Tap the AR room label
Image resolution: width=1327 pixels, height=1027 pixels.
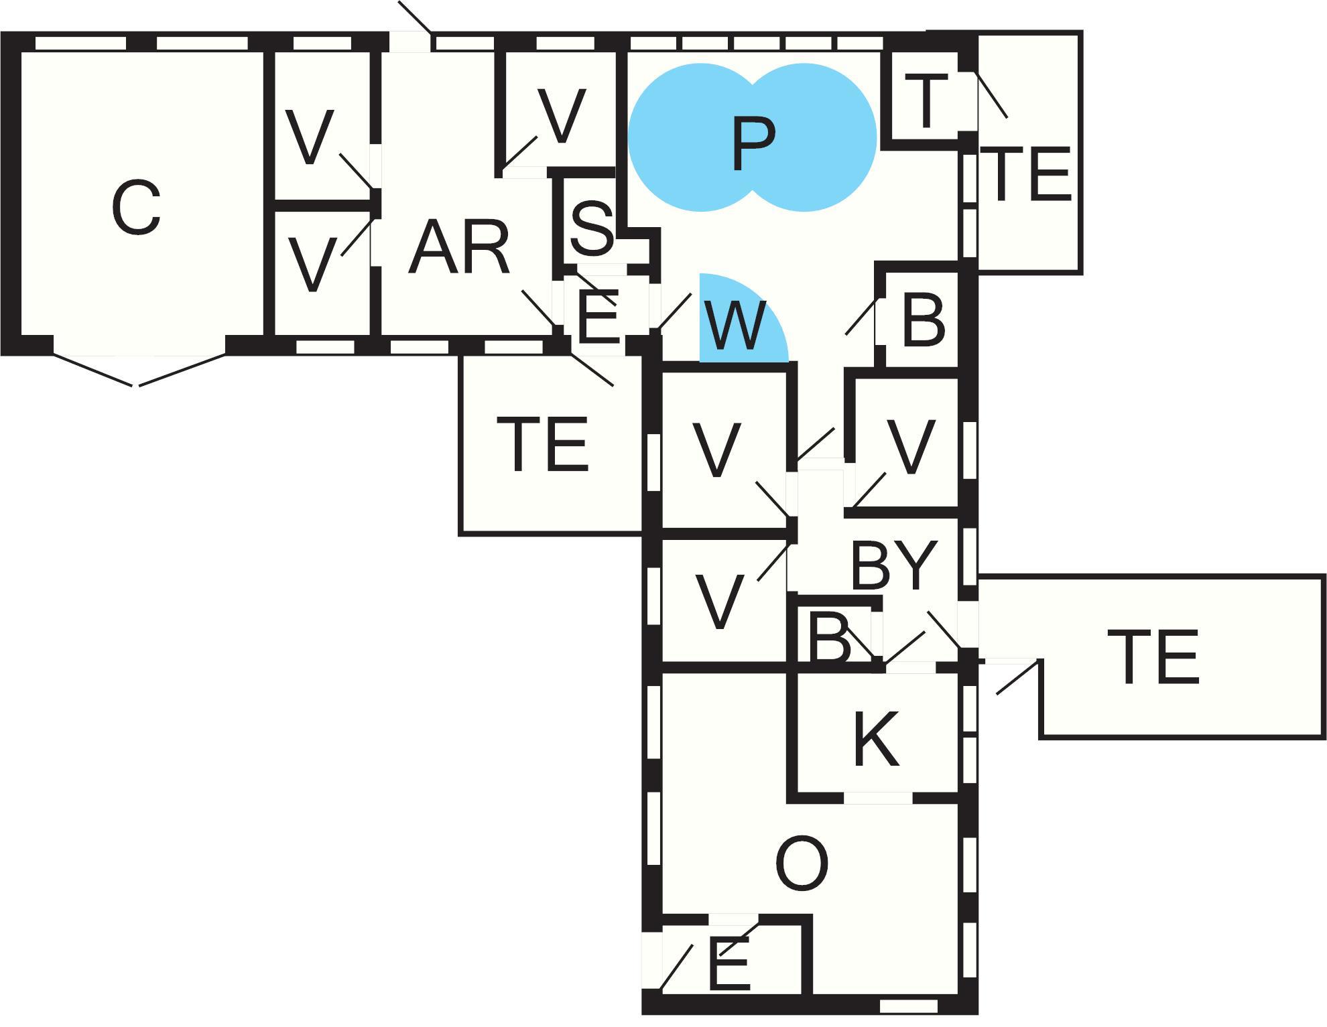[x=459, y=249]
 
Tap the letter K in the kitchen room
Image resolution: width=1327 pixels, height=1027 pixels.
[x=876, y=739]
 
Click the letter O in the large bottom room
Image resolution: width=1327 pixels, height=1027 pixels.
[x=802, y=864]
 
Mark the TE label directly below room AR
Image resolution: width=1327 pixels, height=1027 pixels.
[x=546, y=443]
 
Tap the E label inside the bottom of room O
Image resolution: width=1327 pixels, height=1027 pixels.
[x=729, y=965]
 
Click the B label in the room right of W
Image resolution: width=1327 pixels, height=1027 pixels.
[x=923, y=320]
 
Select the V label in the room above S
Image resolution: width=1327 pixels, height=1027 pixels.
[x=562, y=115]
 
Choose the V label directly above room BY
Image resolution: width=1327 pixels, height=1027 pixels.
[x=909, y=446]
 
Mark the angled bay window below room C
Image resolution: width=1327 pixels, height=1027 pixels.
[x=139, y=370]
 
